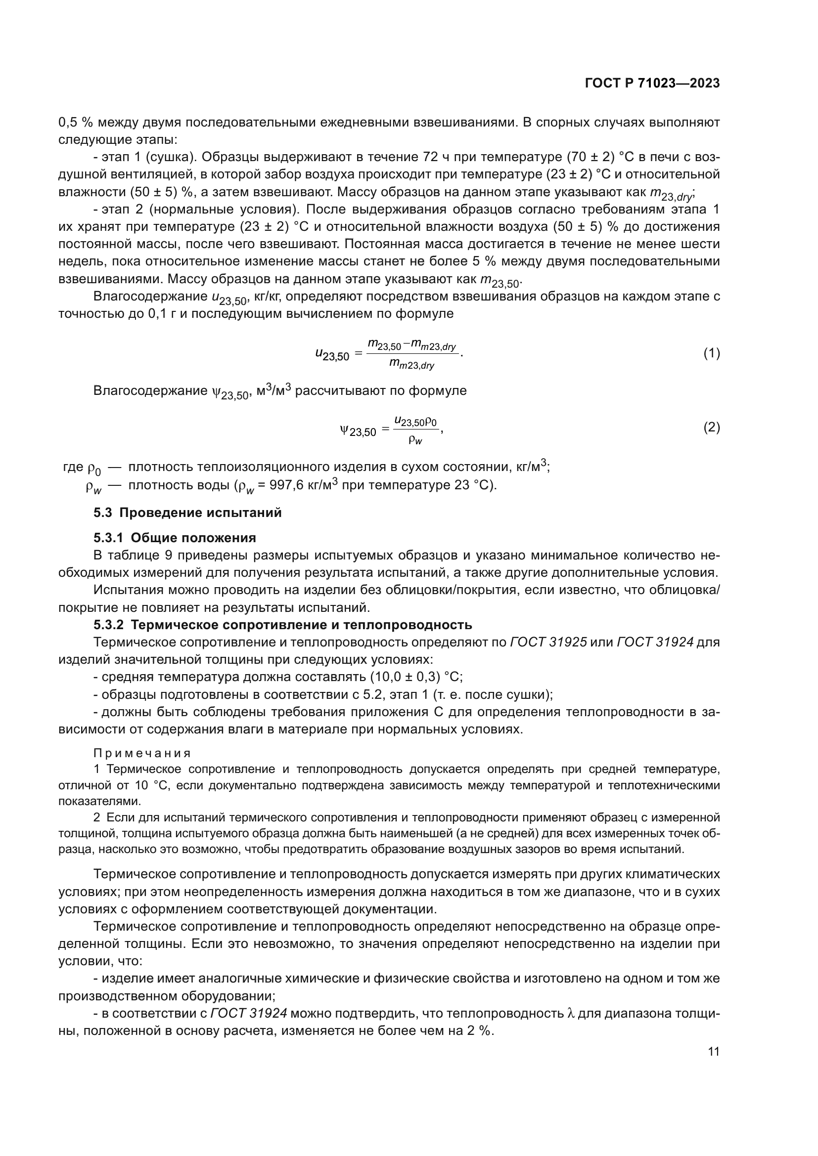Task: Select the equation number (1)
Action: (x=711, y=353)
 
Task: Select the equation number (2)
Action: (x=711, y=428)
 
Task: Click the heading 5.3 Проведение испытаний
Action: (x=187, y=513)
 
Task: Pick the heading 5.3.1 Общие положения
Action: (x=174, y=538)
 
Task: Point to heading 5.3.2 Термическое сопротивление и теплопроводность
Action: (x=282, y=625)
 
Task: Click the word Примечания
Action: (x=142, y=753)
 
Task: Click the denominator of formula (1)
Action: (x=411, y=366)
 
